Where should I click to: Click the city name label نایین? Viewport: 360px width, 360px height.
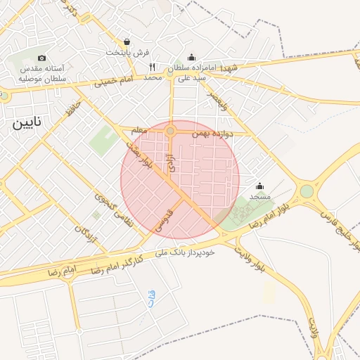26,123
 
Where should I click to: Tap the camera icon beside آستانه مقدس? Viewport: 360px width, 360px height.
41,58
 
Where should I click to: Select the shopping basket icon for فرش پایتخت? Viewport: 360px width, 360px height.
126,42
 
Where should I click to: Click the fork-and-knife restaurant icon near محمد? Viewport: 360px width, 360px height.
152,67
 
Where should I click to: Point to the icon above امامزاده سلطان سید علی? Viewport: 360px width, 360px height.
191,58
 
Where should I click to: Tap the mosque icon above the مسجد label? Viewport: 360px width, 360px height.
260,186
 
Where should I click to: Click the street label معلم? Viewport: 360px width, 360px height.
140,130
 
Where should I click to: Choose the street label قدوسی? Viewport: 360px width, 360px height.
165,220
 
